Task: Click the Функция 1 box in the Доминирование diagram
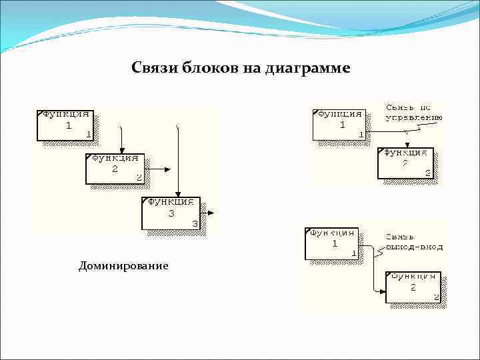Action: click(x=65, y=125)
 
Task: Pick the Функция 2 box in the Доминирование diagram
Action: click(x=114, y=168)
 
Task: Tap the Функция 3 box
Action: click(x=171, y=213)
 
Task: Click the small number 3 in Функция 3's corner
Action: click(x=194, y=224)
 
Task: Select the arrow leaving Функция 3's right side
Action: click(x=210, y=213)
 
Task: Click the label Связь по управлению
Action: click(x=413, y=113)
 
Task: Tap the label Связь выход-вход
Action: click(x=413, y=241)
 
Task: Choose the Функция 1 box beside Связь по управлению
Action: click(x=338, y=124)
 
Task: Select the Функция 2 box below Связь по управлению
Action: click(x=405, y=163)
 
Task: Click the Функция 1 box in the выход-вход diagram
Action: click(x=331, y=243)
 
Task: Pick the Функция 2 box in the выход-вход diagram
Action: click(x=413, y=286)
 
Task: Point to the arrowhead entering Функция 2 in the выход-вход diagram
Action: click(x=383, y=291)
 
